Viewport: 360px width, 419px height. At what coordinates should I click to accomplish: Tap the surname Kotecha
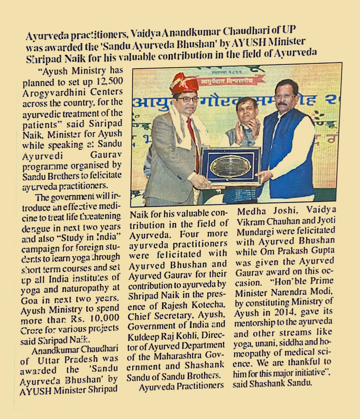tap(192, 305)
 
